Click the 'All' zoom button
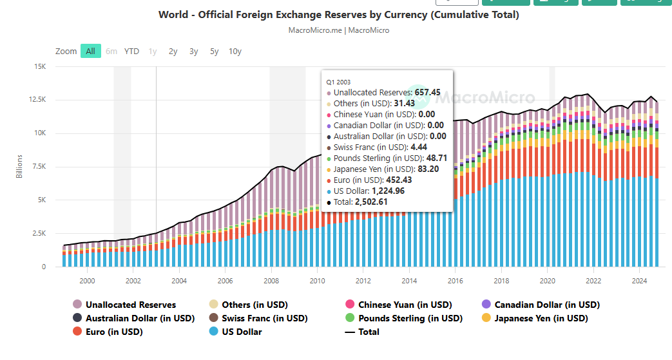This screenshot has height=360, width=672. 91,52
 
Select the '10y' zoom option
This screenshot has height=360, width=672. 235,52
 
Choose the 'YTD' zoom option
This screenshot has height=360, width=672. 131,52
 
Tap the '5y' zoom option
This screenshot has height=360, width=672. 215,52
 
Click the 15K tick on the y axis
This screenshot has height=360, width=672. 40,66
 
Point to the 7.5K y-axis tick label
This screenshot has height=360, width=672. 39,167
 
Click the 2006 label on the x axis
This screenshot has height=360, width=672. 225,281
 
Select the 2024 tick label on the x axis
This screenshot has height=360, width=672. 639,281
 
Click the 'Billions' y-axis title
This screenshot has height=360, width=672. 20,167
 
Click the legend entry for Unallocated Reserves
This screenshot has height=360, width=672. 130,305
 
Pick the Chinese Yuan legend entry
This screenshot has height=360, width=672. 405,305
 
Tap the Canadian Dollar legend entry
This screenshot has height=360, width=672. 546,305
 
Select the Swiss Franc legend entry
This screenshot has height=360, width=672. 264,318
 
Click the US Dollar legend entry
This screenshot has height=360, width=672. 242,332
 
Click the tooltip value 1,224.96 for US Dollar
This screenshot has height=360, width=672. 394,191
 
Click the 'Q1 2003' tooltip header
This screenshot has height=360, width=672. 339,82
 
